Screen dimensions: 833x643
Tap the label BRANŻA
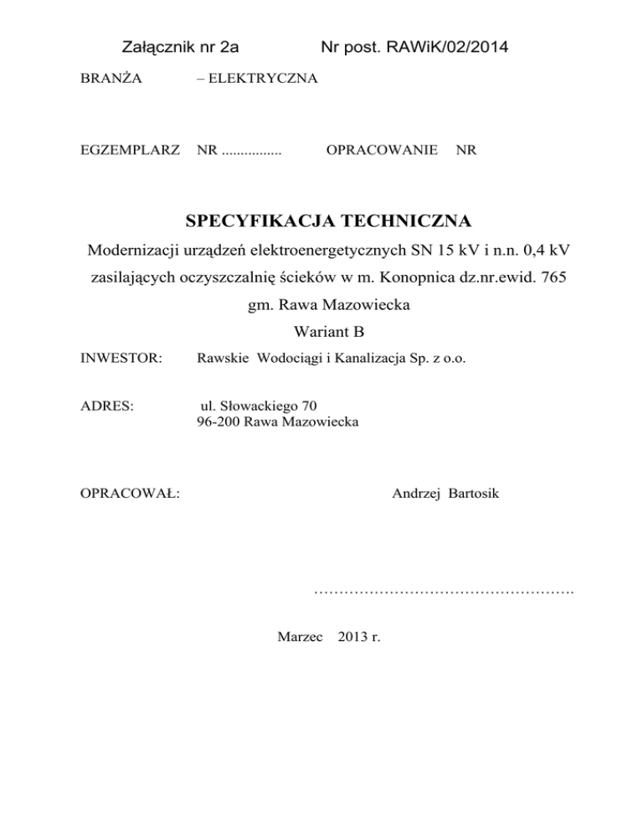[111, 80]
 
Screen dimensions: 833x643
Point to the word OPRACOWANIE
[382, 151]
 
